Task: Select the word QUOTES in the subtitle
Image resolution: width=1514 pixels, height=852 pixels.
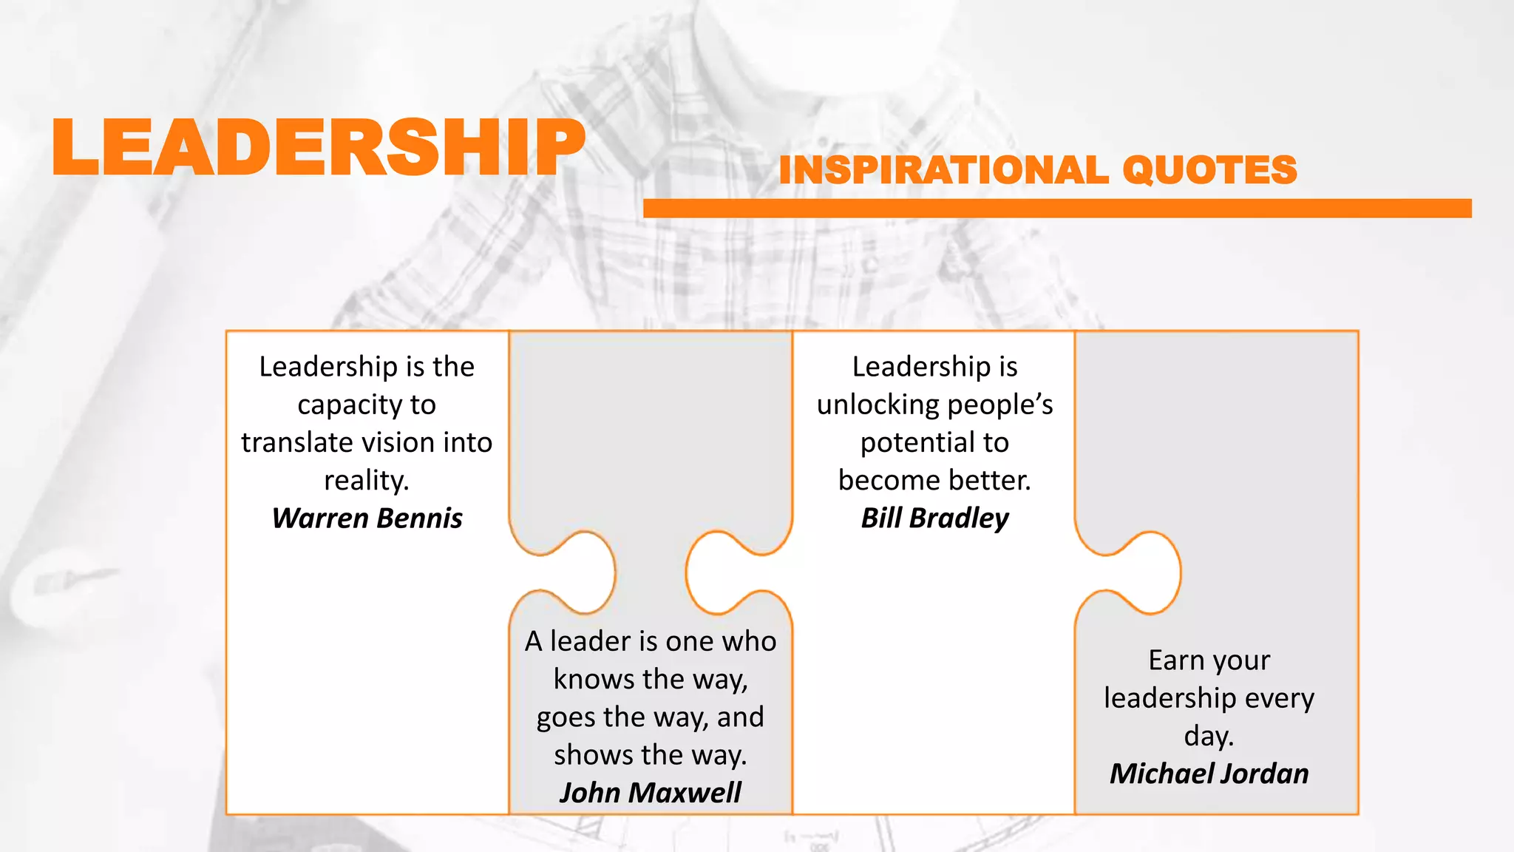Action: tap(1209, 170)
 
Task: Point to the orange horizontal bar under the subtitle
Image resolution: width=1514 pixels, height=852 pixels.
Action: tap(1057, 208)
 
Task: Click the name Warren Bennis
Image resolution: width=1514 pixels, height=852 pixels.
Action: tap(367, 518)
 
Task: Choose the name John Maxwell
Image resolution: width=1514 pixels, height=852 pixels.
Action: tap(650, 792)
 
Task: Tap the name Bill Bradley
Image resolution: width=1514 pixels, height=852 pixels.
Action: tap(934, 518)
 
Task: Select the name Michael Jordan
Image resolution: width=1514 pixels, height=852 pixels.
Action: tap(1209, 773)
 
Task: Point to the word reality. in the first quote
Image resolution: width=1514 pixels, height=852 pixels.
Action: tap(367, 481)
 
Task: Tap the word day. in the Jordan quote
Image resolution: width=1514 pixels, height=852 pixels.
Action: tap(1209, 736)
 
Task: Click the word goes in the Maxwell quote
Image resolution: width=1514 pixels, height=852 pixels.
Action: tap(565, 717)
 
